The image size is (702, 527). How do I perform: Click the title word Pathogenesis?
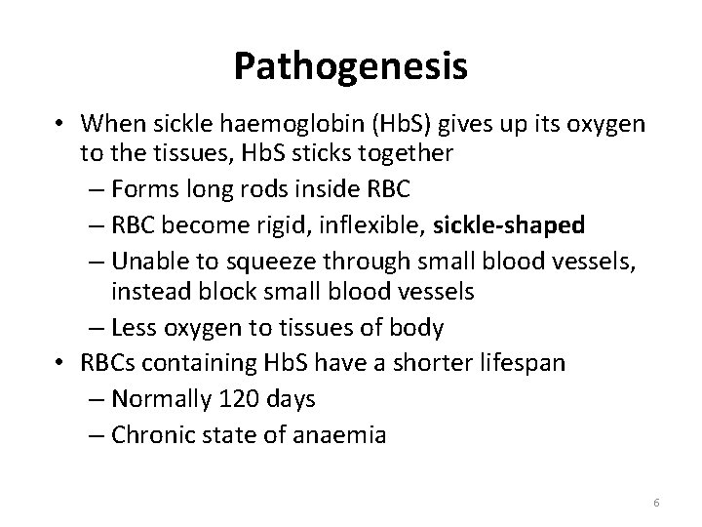(351, 66)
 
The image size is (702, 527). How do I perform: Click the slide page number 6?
(657, 503)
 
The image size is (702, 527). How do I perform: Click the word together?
(409, 155)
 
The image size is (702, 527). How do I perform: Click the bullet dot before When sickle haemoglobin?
(60, 124)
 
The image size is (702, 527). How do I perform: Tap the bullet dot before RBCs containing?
(60, 364)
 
